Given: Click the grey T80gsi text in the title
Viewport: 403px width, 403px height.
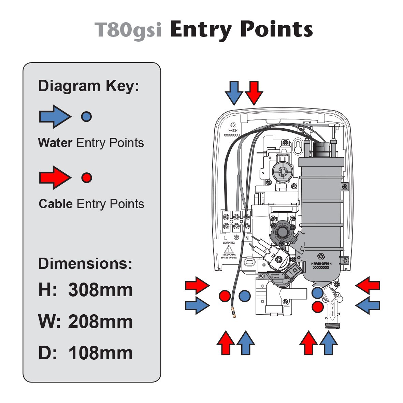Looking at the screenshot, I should (x=128, y=30).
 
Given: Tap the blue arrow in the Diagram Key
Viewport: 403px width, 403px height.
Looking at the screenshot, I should (x=55, y=117).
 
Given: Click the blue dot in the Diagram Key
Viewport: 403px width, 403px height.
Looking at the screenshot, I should (x=86, y=117).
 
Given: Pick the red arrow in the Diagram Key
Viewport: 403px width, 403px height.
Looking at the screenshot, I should (x=55, y=177).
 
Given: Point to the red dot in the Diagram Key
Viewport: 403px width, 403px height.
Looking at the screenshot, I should (x=87, y=177).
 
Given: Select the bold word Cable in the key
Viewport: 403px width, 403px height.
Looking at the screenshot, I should (x=56, y=204).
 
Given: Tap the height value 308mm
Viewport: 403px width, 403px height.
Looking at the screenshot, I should (x=100, y=290).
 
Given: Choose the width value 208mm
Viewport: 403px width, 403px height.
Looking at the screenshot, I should (x=100, y=321).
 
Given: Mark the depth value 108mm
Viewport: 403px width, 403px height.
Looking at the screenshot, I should (x=100, y=353).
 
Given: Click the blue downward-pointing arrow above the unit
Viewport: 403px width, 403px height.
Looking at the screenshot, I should (x=234, y=92).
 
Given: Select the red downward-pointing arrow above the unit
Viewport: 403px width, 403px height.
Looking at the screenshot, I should (x=254, y=92).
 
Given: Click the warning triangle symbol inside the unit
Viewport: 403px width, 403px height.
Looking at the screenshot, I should (x=229, y=248).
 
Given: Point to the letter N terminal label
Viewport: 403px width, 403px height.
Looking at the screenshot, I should (x=246, y=238).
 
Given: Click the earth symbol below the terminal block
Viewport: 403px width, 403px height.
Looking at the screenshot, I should (x=236, y=238).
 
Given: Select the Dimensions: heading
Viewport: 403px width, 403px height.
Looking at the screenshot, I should (x=85, y=263).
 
